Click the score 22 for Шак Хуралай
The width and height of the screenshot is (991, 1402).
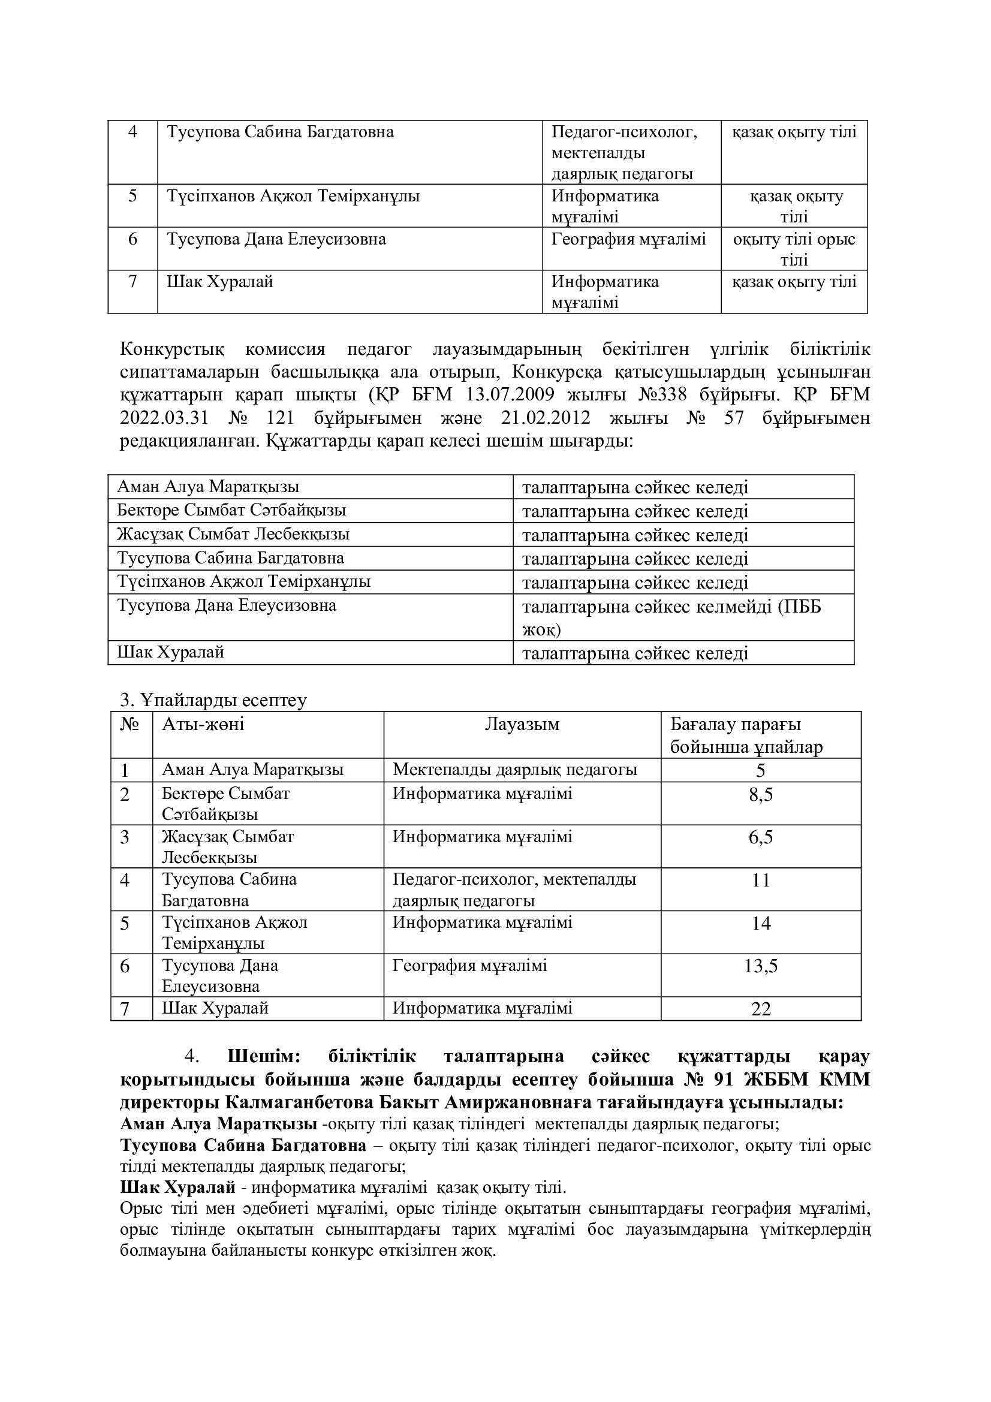click(761, 1009)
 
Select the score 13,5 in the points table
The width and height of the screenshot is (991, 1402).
click(761, 966)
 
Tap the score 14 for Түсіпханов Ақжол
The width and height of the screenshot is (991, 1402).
click(761, 922)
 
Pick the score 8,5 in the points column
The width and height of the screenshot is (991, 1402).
click(761, 794)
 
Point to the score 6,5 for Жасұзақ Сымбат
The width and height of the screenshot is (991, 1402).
click(761, 837)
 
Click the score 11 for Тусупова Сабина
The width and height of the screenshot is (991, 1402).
click(761, 880)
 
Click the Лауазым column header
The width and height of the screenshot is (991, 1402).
click(522, 725)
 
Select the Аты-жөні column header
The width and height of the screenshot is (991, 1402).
click(203, 725)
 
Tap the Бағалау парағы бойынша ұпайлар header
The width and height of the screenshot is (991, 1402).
click(746, 736)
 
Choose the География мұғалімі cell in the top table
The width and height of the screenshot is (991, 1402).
click(628, 239)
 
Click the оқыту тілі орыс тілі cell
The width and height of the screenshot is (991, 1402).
click(794, 249)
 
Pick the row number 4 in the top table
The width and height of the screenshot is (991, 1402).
click(132, 132)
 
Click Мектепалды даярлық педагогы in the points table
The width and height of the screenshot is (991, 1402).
click(515, 770)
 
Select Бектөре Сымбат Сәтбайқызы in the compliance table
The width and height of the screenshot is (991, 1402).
click(231, 511)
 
